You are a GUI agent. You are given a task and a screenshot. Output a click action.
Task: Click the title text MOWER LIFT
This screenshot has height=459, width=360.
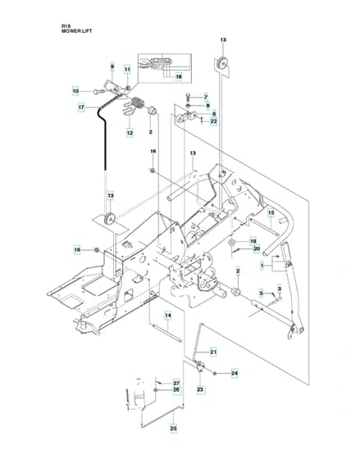(x=76, y=31)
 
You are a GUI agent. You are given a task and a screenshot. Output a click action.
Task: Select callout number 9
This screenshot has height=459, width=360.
(x=112, y=66)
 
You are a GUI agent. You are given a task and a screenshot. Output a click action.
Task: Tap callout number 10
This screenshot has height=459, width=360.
(x=75, y=91)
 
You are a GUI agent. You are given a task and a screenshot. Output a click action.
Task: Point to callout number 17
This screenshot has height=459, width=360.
(x=81, y=107)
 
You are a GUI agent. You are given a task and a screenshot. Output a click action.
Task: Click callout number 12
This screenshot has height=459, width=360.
(x=130, y=133)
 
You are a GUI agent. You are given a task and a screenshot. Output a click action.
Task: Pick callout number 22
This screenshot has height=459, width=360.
(x=214, y=121)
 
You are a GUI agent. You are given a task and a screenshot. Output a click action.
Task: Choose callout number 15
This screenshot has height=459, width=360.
(x=271, y=212)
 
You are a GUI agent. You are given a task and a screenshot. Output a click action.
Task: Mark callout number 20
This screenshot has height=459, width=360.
(x=257, y=249)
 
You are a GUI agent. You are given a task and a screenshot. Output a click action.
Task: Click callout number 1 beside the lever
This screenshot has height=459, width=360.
(x=262, y=266)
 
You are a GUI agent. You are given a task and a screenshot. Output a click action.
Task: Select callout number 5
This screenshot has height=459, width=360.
(x=262, y=293)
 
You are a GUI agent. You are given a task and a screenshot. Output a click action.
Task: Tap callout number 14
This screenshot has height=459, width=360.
(x=168, y=316)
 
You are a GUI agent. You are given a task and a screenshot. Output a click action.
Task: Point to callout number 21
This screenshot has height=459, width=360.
(x=213, y=352)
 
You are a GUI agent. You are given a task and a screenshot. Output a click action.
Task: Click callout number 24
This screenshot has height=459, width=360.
(x=235, y=373)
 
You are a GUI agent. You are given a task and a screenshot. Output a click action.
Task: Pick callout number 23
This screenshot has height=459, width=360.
(x=200, y=389)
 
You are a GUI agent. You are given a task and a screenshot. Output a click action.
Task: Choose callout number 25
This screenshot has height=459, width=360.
(x=173, y=429)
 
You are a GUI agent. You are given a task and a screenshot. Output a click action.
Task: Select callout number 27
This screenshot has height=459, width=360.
(x=176, y=384)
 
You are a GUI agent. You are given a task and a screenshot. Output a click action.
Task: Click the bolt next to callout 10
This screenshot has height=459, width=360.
(x=98, y=91)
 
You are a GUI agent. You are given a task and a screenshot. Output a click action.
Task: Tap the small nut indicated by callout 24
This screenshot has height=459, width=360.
(x=216, y=373)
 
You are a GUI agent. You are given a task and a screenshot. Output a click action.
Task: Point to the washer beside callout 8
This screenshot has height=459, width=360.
(x=188, y=106)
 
